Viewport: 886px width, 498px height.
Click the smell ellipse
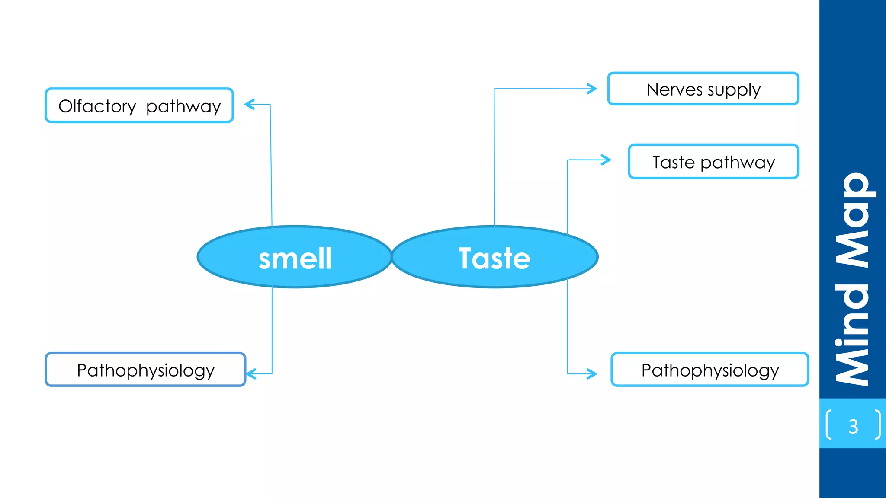[295, 257]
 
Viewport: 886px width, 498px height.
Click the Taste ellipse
[494, 257]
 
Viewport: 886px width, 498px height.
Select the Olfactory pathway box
[139, 105]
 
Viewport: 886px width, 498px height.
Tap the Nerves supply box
[703, 89]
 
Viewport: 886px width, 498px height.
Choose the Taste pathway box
[713, 162]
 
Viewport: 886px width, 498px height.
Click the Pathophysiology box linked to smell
[145, 370]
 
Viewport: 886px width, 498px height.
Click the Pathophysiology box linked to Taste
[709, 370]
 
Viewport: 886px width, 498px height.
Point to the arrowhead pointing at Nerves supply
[593, 89]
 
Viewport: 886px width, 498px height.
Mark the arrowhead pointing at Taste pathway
[607, 160]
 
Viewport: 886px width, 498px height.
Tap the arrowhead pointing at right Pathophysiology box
[593, 373]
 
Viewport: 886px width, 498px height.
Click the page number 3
[853, 427]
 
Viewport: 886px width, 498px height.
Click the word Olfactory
[97, 106]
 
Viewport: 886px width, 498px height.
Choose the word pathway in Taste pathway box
[738, 163]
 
